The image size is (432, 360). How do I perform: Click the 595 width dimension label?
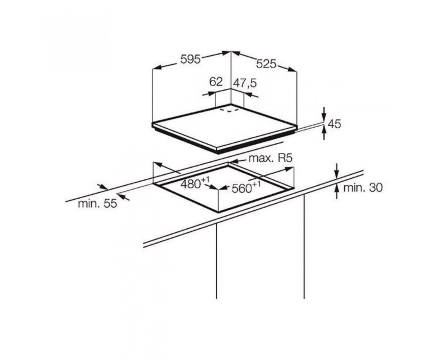click(x=190, y=59)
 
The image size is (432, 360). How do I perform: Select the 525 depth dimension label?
click(x=266, y=64)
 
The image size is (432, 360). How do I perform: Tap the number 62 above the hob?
click(x=216, y=82)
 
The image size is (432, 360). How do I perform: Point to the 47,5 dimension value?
click(x=245, y=83)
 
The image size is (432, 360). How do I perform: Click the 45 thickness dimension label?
click(x=334, y=124)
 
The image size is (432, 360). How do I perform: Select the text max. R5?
click(x=270, y=158)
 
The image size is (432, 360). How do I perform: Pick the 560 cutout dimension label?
click(x=246, y=187)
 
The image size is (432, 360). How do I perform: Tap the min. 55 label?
click(x=98, y=204)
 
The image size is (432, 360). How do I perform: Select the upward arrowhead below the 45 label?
click(x=324, y=131)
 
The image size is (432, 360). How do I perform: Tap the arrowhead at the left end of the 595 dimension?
click(x=156, y=68)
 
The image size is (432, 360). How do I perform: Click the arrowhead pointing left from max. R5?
click(x=233, y=161)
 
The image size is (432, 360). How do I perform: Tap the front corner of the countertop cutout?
click(x=218, y=212)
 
